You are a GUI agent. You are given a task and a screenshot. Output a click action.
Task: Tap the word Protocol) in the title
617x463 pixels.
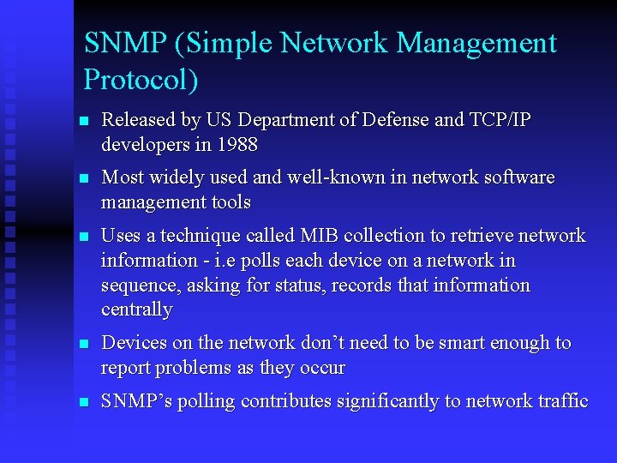pyautogui.click(x=141, y=80)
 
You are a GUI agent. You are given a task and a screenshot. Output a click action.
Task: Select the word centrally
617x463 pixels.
pyautogui.click(x=137, y=310)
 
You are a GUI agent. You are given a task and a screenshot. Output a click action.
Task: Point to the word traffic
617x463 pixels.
pyautogui.click(x=561, y=401)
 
